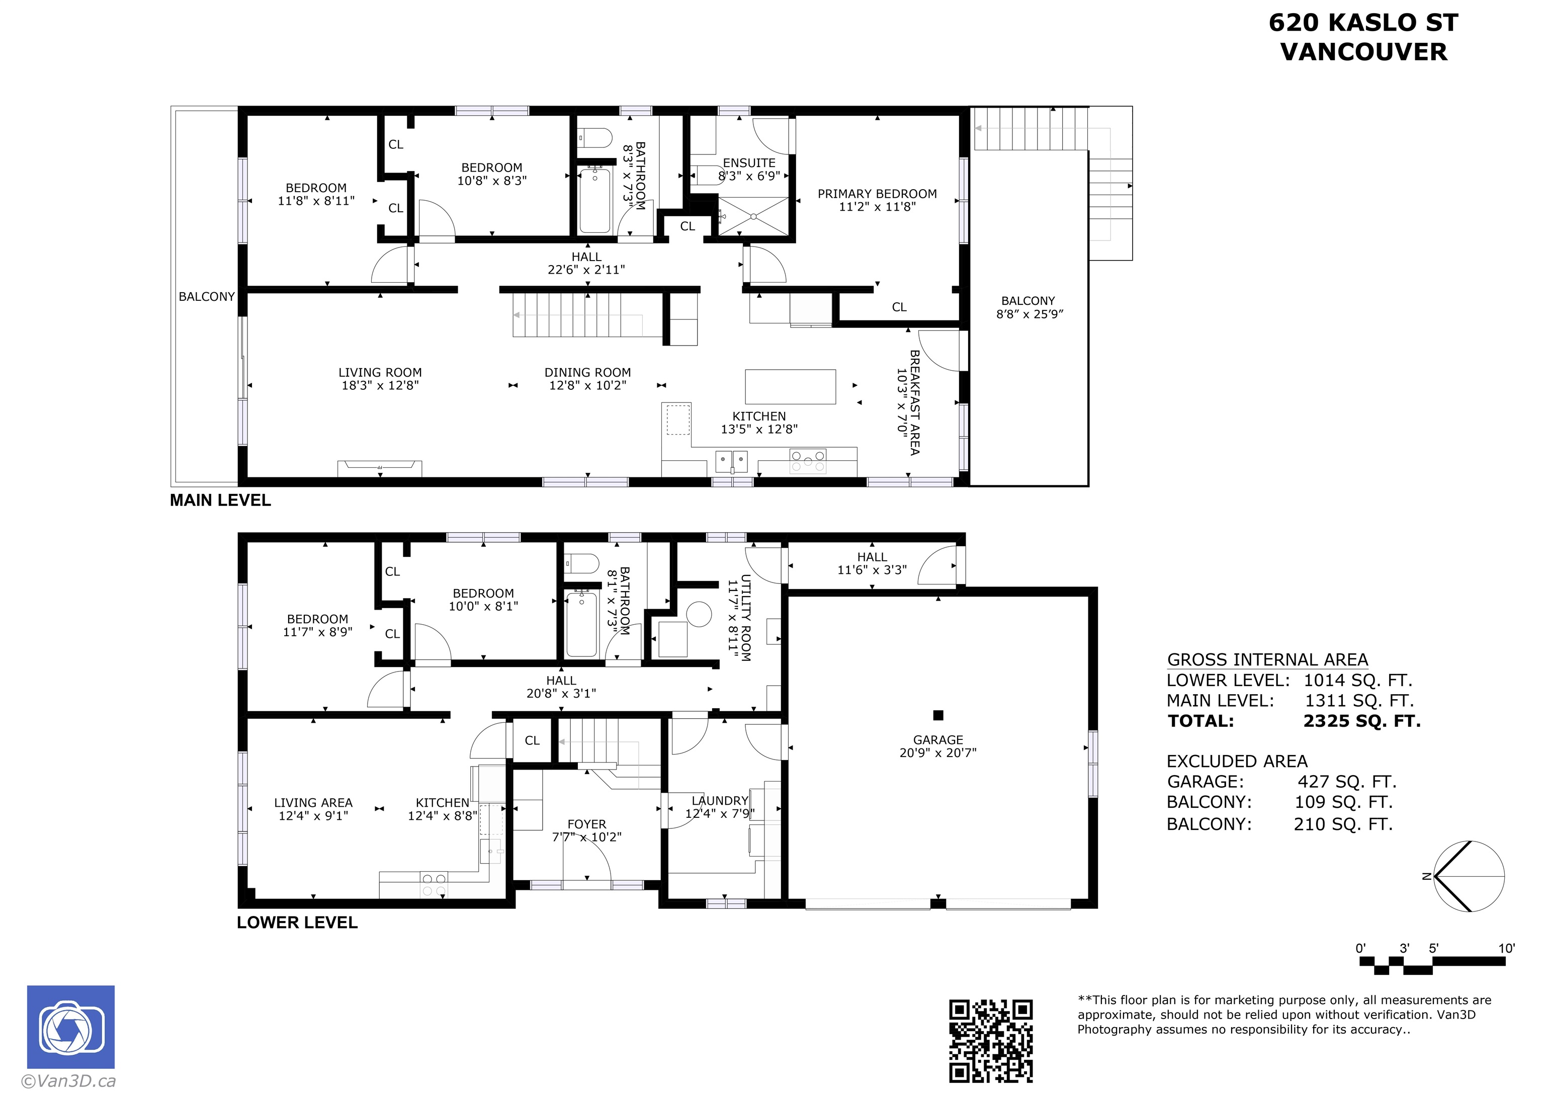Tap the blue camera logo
(x=71, y=1027)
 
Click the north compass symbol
(x=1468, y=877)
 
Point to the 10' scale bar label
(x=1507, y=948)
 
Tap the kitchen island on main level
(x=790, y=386)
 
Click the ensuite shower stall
(x=753, y=216)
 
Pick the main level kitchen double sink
(x=731, y=462)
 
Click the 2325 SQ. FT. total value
(x=1361, y=721)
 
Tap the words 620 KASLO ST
(x=1363, y=22)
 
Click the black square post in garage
(x=937, y=715)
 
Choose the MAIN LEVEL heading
(x=220, y=500)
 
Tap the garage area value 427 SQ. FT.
(x=1347, y=782)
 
